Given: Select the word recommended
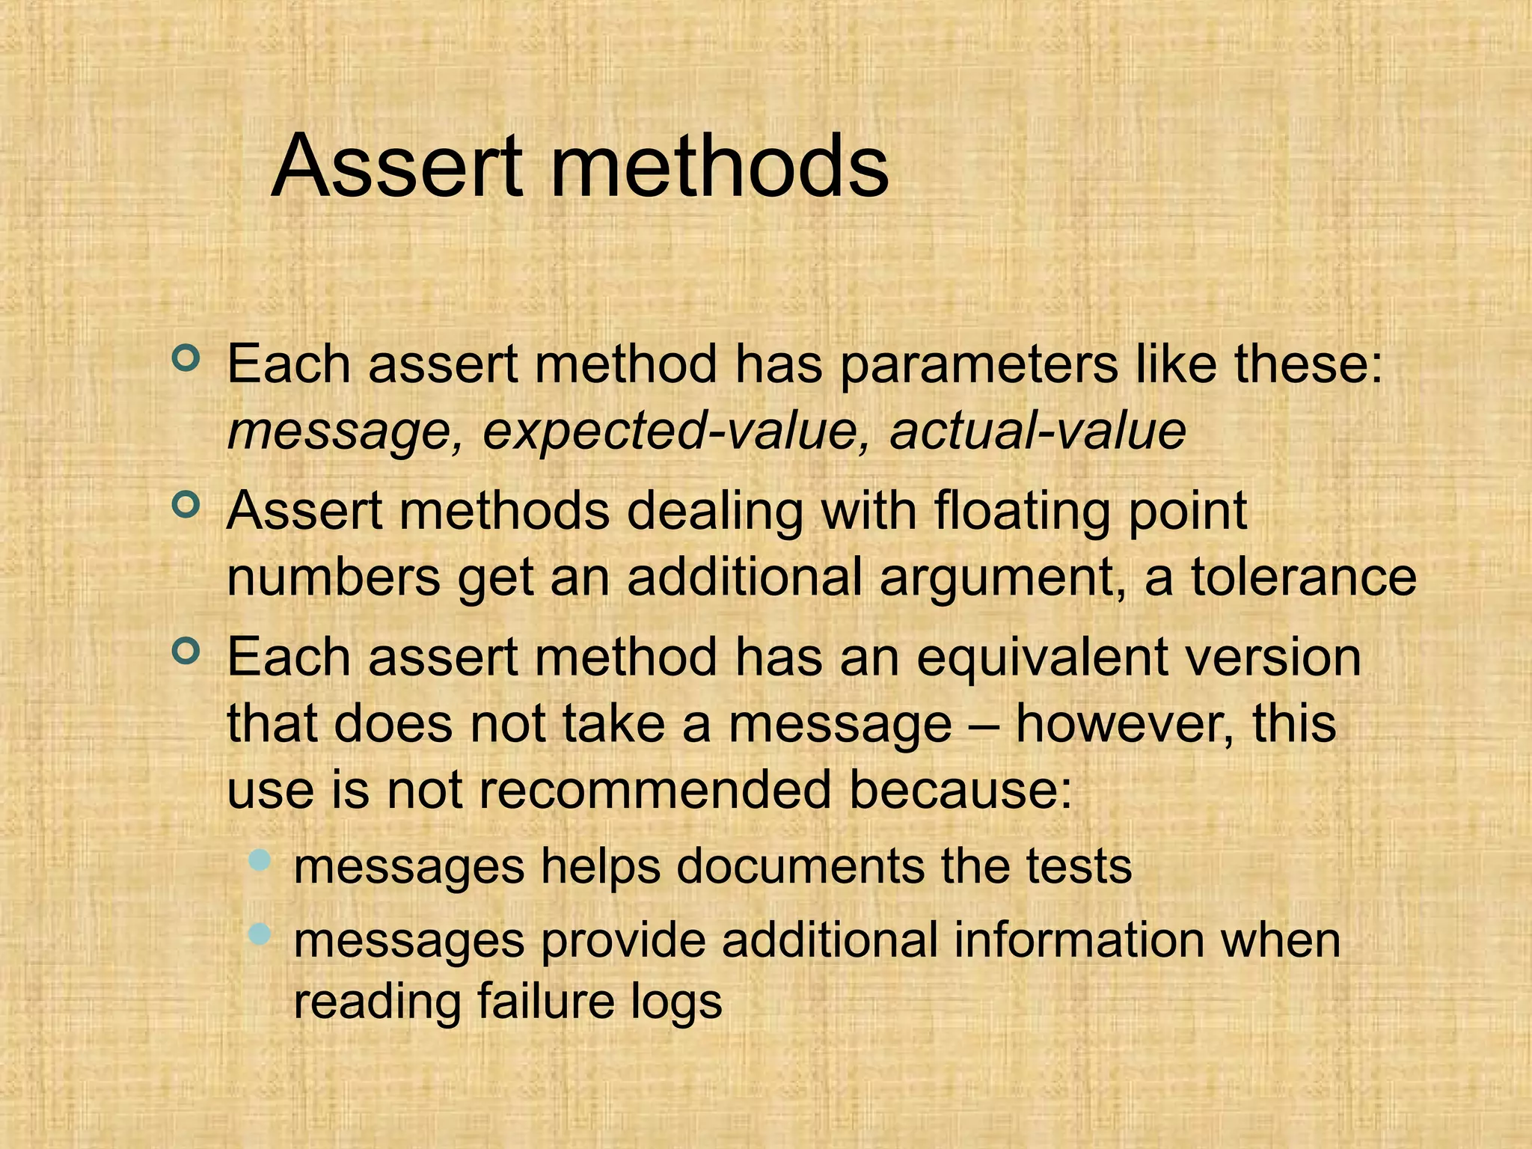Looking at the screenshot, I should click(655, 790).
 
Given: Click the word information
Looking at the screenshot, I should click(1077, 940).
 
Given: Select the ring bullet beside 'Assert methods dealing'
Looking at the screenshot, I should click(186, 505).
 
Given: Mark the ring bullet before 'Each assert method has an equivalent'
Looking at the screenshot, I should click(186, 651).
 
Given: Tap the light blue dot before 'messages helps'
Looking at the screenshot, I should click(259, 860).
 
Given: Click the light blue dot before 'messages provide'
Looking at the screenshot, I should click(259, 934).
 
